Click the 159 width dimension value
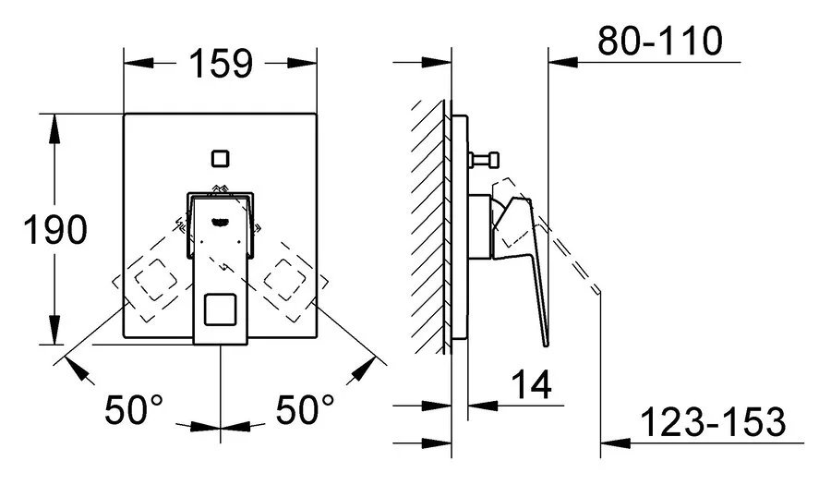222,64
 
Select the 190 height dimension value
54,229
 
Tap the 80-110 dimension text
658,41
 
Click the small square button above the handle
221,157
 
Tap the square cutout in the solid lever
220,309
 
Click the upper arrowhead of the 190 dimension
54,125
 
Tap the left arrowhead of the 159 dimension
136,64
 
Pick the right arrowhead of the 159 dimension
306,64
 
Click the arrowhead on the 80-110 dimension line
559,62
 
